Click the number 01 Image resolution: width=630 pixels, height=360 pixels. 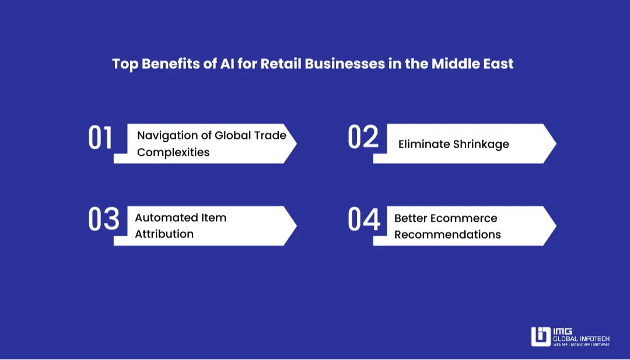(x=100, y=138)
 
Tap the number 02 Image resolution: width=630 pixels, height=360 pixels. (x=363, y=138)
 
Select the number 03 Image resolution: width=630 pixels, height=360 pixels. (x=103, y=219)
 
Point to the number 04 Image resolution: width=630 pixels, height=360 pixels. (x=364, y=219)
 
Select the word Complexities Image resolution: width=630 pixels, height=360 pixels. (x=173, y=152)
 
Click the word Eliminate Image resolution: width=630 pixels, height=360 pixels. (x=423, y=144)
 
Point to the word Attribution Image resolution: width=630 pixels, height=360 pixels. (x=164, y=234)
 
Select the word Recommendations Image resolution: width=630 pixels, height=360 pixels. (x=447, y=235)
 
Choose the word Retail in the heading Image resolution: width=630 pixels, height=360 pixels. (x=280, y=64)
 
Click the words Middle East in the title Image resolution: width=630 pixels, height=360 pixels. (x=473, y=64)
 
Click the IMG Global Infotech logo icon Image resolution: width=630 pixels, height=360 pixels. (x=541, y=337)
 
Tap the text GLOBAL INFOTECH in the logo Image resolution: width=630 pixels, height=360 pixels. (x=581, y=337)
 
